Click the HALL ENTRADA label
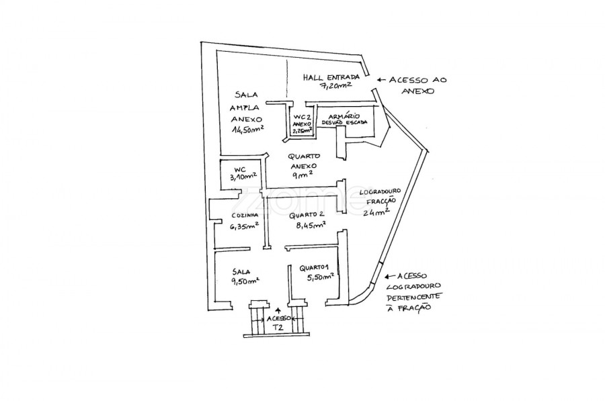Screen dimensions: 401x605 coord(331,77)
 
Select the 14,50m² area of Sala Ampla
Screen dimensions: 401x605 coord(248,129)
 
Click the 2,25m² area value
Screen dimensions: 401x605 coord(302,132)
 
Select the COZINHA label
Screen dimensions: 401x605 coord(242,216)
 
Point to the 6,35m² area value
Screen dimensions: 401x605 coord(244,226)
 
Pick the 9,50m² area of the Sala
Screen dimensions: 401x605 coord(245,280)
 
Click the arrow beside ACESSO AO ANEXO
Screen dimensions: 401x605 coord(381,79)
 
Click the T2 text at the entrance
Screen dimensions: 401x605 coord(278,327)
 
